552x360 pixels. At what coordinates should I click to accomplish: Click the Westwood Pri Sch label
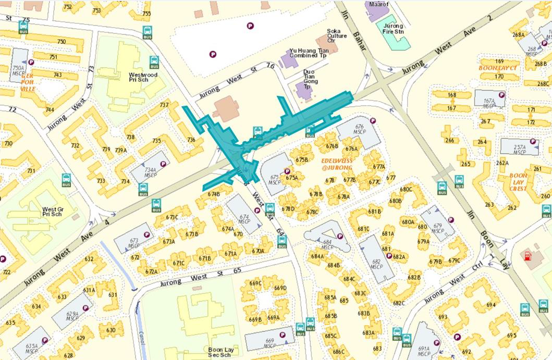point(143,78)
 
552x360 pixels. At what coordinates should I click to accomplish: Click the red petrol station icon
point(529,256)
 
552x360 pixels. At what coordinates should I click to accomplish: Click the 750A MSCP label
point(18,70)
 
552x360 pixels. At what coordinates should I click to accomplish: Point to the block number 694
point(490,305)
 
